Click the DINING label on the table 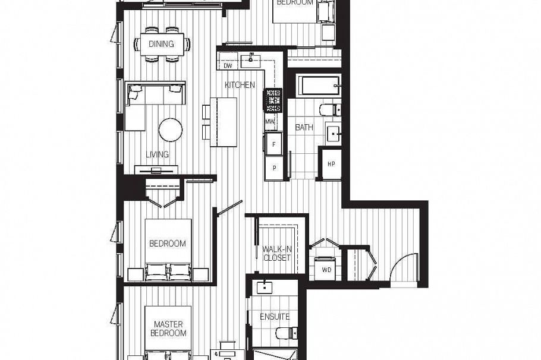161,44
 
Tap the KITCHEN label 240,85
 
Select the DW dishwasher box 228,65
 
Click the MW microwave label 270,122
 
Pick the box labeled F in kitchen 273,144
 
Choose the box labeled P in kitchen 273,167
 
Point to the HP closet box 331,164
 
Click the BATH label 304,127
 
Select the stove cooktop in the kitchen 273,100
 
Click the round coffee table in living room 171,130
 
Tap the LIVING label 158,154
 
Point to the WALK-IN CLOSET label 276,253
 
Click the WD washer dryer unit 326,269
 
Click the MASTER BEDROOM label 168,329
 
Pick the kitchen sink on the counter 252,59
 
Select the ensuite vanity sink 264,288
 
